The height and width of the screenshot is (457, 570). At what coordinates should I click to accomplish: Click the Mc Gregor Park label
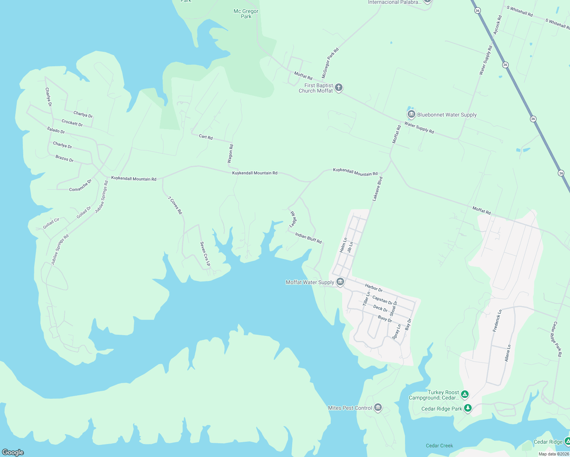(x=246, y=14)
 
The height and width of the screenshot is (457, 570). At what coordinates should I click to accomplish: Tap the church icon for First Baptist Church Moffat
(x=338, y=88)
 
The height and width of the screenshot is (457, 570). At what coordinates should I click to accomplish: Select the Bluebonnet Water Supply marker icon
(x=411, y=114)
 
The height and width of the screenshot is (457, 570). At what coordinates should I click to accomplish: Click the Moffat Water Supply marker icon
(x=340, y=282)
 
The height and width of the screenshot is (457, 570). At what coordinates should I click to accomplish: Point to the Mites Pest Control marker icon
(x=378, y=407)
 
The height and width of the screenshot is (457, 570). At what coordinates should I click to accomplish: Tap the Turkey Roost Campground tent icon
(x=464, y=394)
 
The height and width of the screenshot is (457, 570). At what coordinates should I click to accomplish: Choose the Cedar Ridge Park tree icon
(x=468, y=408)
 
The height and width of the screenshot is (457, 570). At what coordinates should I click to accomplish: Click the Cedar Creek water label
(x=439, y=446)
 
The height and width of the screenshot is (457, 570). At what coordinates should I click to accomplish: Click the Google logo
(x=13, y=452)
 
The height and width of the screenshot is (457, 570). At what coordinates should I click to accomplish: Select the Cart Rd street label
(x=206, y=137)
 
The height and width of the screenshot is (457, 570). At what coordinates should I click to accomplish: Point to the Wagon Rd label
(x=230, y=154)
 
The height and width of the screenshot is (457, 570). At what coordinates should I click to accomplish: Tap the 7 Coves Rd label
(x=175, y=205)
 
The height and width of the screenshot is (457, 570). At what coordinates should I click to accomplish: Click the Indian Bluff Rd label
(x=308, y=238)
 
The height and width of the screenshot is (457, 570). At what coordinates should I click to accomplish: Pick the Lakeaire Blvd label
(x=377, y=189)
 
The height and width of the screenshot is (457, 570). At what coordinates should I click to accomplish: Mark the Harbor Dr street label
(x=373, y=288)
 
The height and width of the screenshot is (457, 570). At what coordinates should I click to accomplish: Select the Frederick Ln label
(x=497, y=321)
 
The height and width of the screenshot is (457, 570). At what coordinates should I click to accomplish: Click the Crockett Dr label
(x=72, y=123)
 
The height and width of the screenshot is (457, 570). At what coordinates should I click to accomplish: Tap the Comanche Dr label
(x=80, y=185)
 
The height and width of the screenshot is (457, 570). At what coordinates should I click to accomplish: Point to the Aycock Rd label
(x=498, y=25)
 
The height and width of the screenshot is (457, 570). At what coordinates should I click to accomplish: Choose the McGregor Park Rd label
(x=330, y=63)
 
